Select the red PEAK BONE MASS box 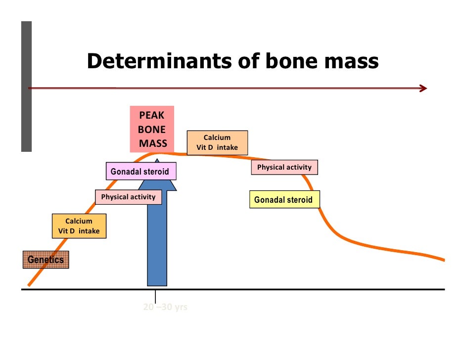[152, 130]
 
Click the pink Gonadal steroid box [141, 172]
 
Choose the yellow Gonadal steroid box [284, 200]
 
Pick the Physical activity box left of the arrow [128, 197]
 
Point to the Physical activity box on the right [284, 167]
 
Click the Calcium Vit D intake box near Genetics [79, 226]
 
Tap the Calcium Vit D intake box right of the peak [217, 142]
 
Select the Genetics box [46, 260]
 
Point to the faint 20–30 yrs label [165, 307]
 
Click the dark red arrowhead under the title [423, 89]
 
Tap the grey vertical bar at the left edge [26, 87]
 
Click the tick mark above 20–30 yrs [156, 296]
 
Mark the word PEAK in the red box [151, 116]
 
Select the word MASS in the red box [153, 144]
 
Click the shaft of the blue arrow [157, 242]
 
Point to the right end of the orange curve [443, 260]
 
